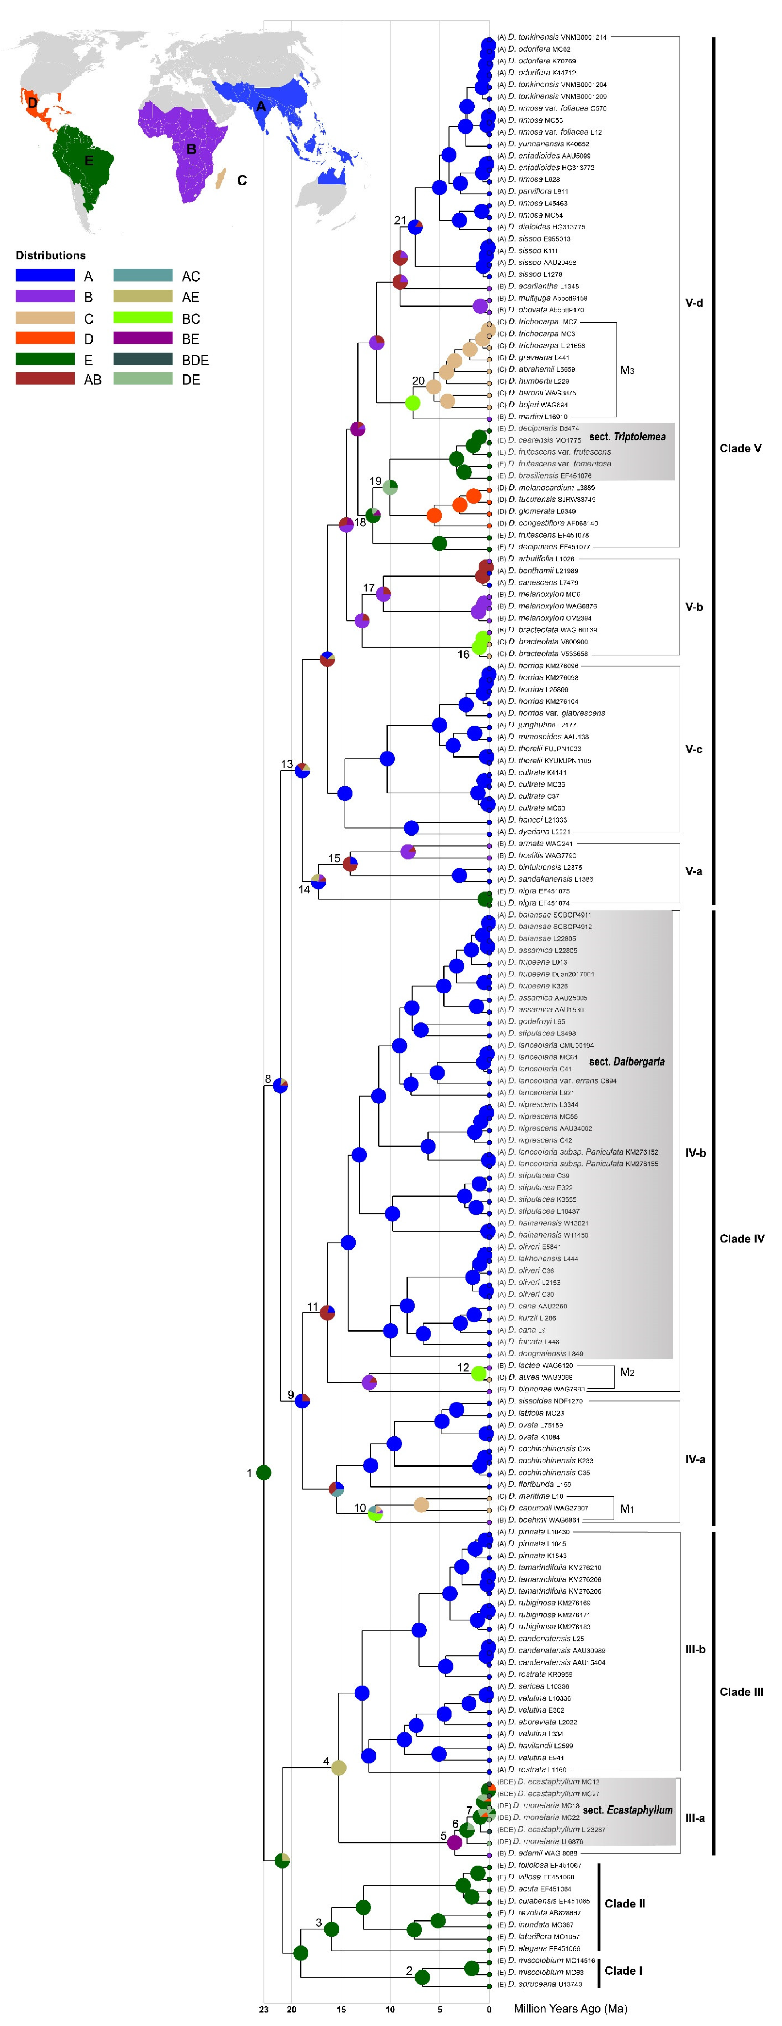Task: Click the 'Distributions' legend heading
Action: tap(50, 256)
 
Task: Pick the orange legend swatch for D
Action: tap(45, 338)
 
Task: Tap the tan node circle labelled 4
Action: tap(338, 1767)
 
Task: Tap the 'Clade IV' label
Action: tap(741, 1239)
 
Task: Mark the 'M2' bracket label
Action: tap(627, 1373)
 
